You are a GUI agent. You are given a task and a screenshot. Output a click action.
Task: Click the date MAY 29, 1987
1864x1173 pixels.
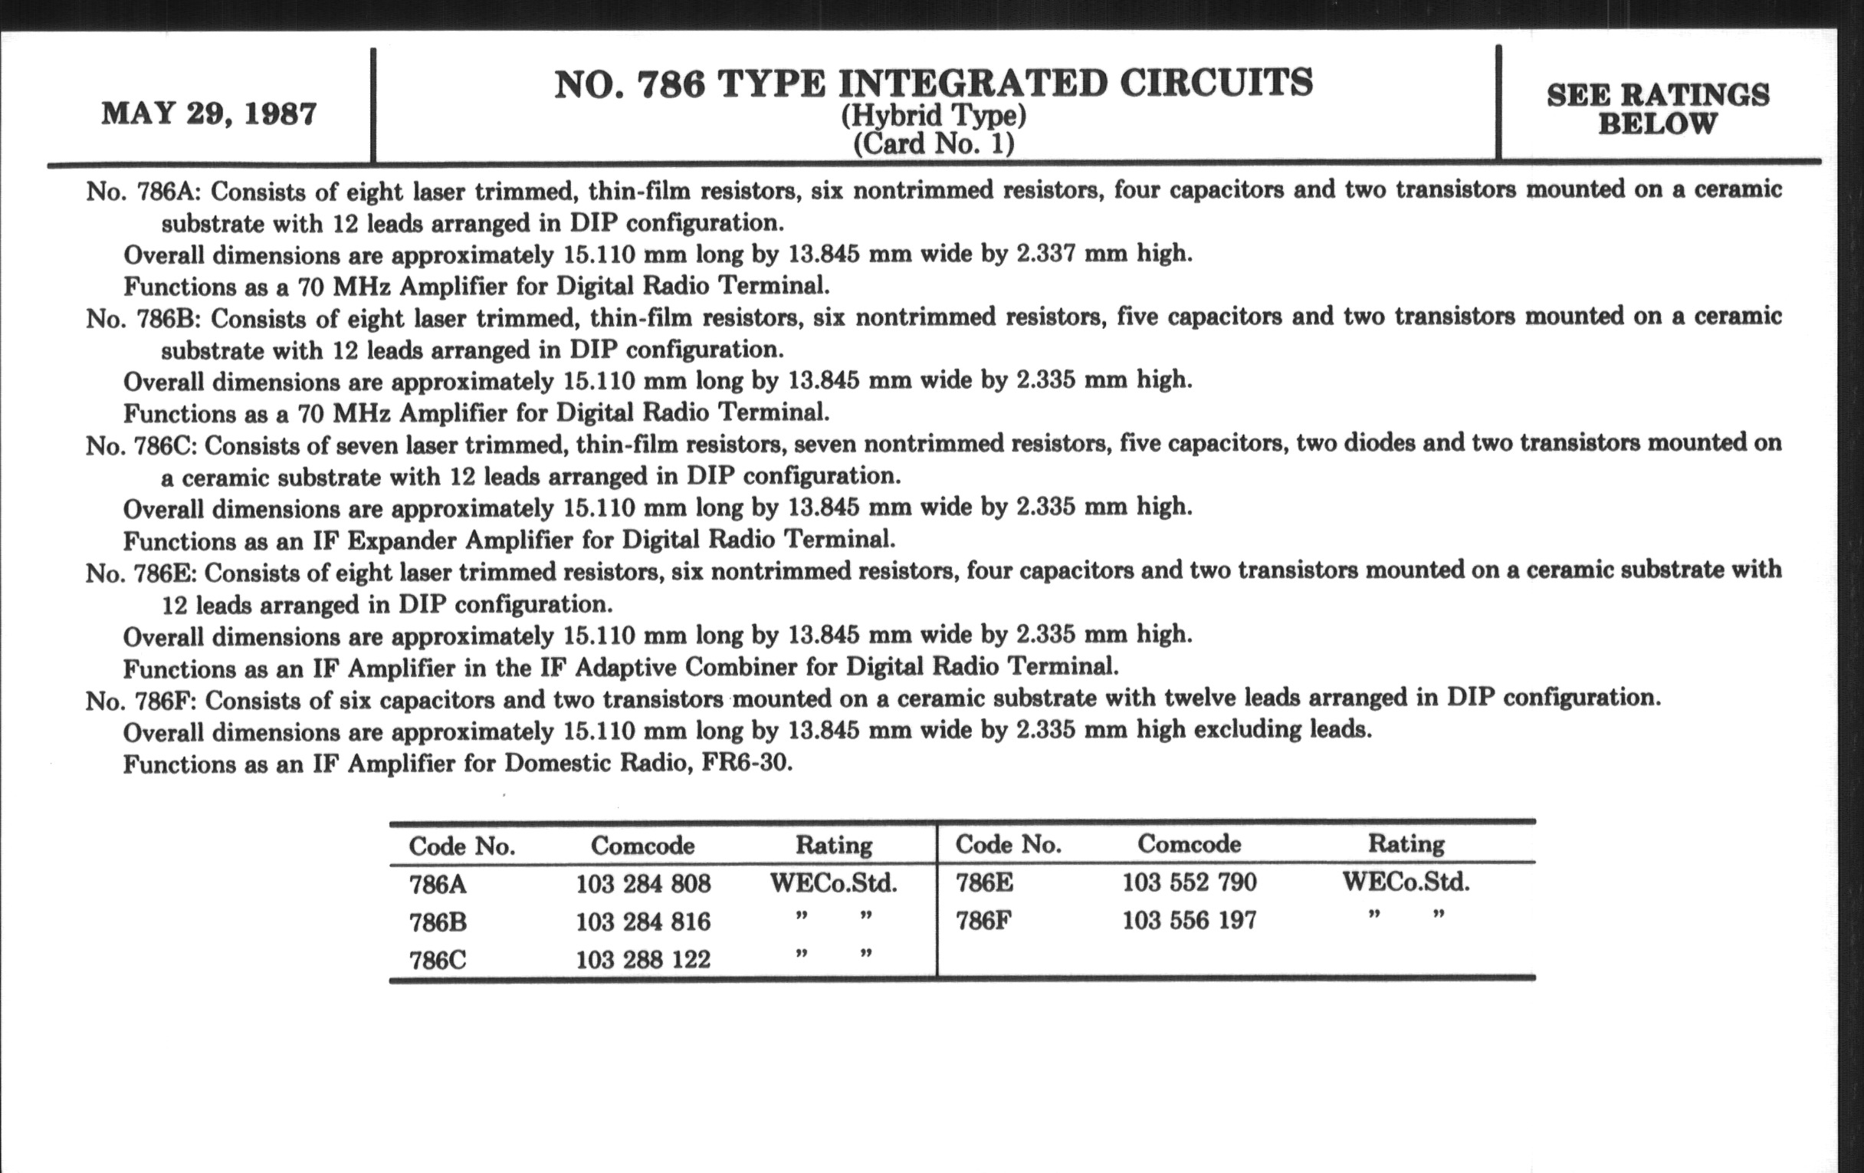[209, 113]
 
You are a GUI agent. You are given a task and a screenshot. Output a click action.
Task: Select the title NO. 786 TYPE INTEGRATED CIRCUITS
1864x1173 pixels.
[934, 84]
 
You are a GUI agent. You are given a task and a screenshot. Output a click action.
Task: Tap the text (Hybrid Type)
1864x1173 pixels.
[934, 116]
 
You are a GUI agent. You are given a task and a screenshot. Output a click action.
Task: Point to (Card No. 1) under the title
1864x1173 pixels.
[934, 144]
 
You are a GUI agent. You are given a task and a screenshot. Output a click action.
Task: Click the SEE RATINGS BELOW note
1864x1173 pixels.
[1658, 109]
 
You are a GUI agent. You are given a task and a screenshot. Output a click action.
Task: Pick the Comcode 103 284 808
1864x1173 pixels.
[642, 883]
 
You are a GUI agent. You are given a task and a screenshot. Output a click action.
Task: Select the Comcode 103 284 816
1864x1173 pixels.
[642, 922]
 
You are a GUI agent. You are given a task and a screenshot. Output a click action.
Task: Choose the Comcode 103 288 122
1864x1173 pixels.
[642, 960]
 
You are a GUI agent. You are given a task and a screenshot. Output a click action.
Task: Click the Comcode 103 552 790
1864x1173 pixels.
[1189, 882]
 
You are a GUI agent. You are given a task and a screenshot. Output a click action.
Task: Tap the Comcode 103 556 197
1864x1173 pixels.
[1189, 920]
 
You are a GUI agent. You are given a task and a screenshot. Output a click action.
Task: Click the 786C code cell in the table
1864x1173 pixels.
[438, 960]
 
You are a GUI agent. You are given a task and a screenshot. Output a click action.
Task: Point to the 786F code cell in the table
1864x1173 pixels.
[984, 921]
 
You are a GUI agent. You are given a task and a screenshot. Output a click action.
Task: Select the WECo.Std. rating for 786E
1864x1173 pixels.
[1406, 882]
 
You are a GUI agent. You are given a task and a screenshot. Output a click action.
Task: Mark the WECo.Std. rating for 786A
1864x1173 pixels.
[834, 883]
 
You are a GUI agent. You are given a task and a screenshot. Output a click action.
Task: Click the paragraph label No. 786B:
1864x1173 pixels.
[143, 318]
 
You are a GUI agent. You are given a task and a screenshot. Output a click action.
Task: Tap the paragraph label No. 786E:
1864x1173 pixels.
[142, 573]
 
